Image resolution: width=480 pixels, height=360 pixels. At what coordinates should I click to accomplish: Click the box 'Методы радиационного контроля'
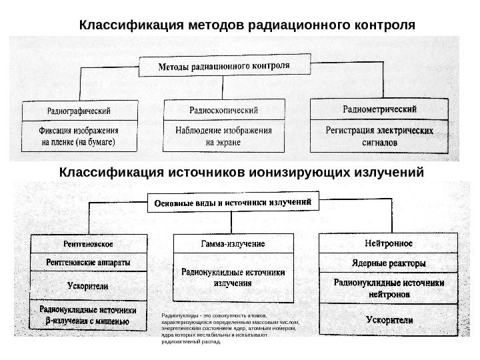tap(224, 66)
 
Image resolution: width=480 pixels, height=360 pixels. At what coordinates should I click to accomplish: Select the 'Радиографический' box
tap(79, 109)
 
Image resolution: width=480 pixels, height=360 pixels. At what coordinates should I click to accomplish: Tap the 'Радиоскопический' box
tap(224, 109)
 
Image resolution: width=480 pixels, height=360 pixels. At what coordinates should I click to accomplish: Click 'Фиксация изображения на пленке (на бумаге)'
tap(79, 136)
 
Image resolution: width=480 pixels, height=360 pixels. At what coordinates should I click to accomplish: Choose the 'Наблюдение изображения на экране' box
tap(224, 136)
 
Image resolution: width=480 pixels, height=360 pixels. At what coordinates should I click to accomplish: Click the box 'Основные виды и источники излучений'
tap(233, 201)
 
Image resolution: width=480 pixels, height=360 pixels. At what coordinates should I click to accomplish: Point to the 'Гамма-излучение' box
tap(233, 243)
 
